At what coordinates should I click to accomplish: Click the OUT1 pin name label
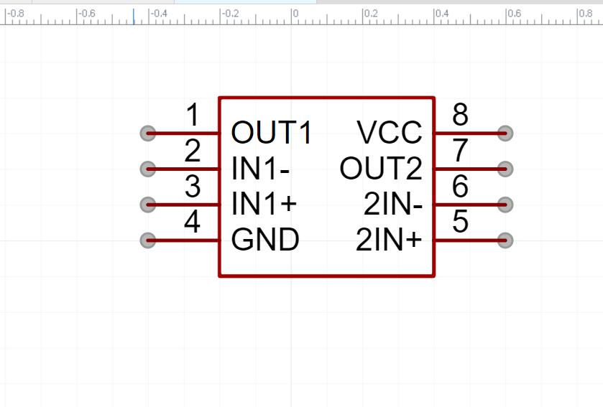tap(272, 133)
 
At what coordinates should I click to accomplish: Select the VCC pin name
tap(390, 133)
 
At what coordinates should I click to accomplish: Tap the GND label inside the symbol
tap(265, 240)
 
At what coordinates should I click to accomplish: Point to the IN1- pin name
tap(261, 169)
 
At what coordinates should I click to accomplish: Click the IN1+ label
tap(264, 205)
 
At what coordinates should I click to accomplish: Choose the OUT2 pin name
tap(381, 169)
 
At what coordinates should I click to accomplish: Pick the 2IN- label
tap(392, 205)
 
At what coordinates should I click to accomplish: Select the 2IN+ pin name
tap(389, 240)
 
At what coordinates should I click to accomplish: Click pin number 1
tap(193, 115)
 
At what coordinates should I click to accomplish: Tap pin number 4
tap(192, 222)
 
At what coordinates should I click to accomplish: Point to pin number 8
tap(461, 115)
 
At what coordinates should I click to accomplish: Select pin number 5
tap(461, 222)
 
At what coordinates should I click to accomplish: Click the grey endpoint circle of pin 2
tap(147, 169)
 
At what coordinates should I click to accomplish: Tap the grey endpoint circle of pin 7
tap(505, 169)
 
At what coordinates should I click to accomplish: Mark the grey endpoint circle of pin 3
tap(147, 205)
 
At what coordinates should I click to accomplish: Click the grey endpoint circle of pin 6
tap(505, 205)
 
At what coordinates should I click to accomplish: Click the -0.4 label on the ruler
tap(158, 14)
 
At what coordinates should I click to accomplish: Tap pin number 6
tap(461, 187)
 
